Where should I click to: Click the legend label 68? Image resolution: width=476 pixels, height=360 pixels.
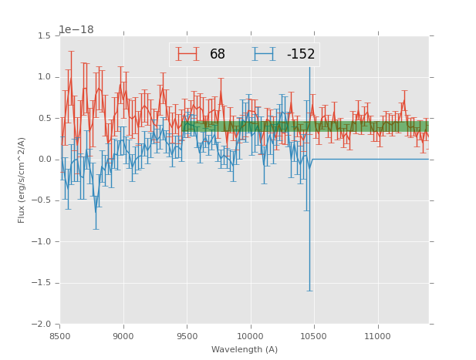(x=218, y=54)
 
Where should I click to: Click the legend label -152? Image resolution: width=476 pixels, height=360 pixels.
(x=300, y=54)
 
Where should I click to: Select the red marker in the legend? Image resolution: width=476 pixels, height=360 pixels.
(x=187, y=54)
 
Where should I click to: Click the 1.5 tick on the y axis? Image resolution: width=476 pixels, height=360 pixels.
(x=45, y=36)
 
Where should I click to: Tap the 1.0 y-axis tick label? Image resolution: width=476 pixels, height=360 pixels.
(x=45, y=77)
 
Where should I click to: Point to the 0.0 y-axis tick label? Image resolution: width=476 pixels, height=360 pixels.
(x=45, y=160)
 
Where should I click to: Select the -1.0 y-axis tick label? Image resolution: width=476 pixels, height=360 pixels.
(x=42, y=242)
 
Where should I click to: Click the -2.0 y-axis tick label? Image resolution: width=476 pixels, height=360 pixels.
(x=42, y=325)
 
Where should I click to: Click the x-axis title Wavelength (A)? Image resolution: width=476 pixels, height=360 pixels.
(x=245, y=350)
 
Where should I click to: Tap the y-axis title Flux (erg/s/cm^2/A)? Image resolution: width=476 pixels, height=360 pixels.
(x=22, y=180)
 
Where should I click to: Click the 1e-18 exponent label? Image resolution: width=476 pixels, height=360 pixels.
(x=76, y=30)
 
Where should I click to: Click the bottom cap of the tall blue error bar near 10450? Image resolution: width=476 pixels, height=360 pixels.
(x=309, y=291)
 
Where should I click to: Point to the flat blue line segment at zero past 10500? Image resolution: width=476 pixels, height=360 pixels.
(x=370, y=159)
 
